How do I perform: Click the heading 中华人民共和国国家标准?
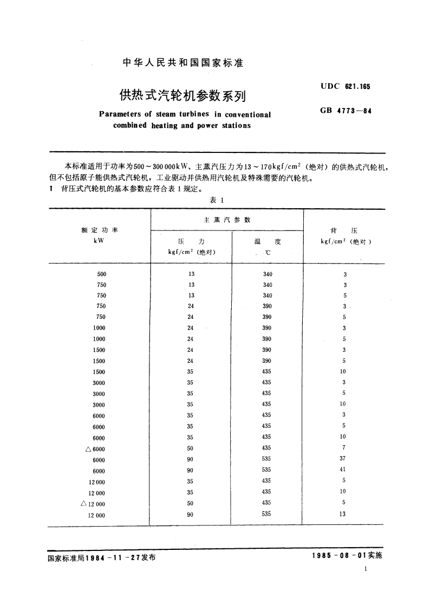pyautogui.click(x=183, y=63)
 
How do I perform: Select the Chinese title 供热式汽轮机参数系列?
pyautogui.click(x=183, y=95)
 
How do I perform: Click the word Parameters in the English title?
pyautogui.click(x=120, y=114)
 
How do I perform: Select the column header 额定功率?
pyautogui.click(x=99, y=230)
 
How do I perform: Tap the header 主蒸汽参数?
pyautogui.click(x=226, y=220)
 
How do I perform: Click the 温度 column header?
pyautogui.click(x=268, y=242)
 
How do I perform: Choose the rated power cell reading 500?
pyautogui.click(x=102, y=274)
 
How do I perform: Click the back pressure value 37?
pyautogui.click(x=343, y=459)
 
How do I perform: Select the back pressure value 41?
pyautogui.click(x=343, y=470)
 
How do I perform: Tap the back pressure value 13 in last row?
pyautogui.click(x=343, y=515)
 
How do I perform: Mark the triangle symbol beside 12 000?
pyautogui.click(x=83, y=503)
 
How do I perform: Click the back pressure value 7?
pyautogui.click(x=344, y=447)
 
